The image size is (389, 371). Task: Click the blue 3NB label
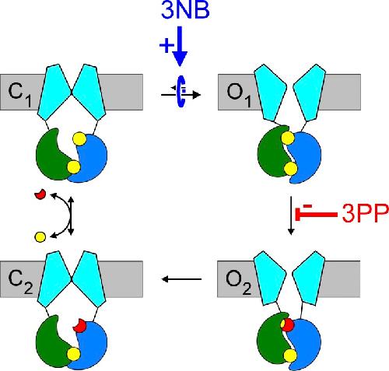[x=185, y=10]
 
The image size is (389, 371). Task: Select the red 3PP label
[x=365, y=214]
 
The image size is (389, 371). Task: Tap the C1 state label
[x=20, y=95]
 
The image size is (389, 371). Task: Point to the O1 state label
[x=239, y=95]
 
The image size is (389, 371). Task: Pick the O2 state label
[x=239, y=282]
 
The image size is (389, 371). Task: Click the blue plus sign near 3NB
[x=166, y=45]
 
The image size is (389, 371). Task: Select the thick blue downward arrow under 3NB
[x=180, y=46]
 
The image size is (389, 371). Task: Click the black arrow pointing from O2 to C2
[x=181, y=279]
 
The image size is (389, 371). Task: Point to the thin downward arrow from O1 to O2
[x=291, y=215]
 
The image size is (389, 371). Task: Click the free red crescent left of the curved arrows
[x=40, y=194]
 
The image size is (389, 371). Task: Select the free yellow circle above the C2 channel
[x=40, y=236]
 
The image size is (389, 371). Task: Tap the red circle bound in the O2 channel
[x=288, y=325]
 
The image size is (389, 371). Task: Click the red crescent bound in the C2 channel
[x=79, y=327]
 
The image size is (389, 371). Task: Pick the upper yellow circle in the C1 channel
[x=79, y=139]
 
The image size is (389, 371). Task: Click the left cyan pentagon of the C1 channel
[x=54, y=92]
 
